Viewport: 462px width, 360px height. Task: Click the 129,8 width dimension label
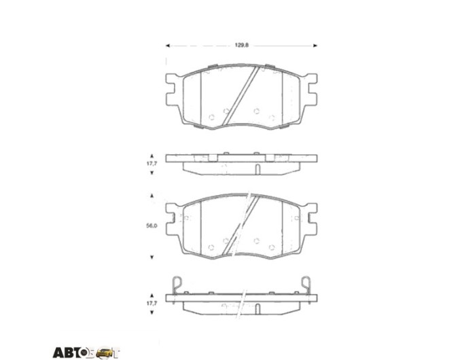point(242,45)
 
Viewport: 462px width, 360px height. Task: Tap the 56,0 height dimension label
point(152,226)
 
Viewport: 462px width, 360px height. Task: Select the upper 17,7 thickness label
point(152,164)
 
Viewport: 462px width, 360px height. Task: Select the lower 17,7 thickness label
point(152,303)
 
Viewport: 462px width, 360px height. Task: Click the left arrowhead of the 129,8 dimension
point(168,46)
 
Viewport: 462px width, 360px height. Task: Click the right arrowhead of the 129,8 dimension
point(315,46)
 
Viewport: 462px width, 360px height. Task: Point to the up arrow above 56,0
point(152,196)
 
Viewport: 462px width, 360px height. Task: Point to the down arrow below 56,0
point(152,257)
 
